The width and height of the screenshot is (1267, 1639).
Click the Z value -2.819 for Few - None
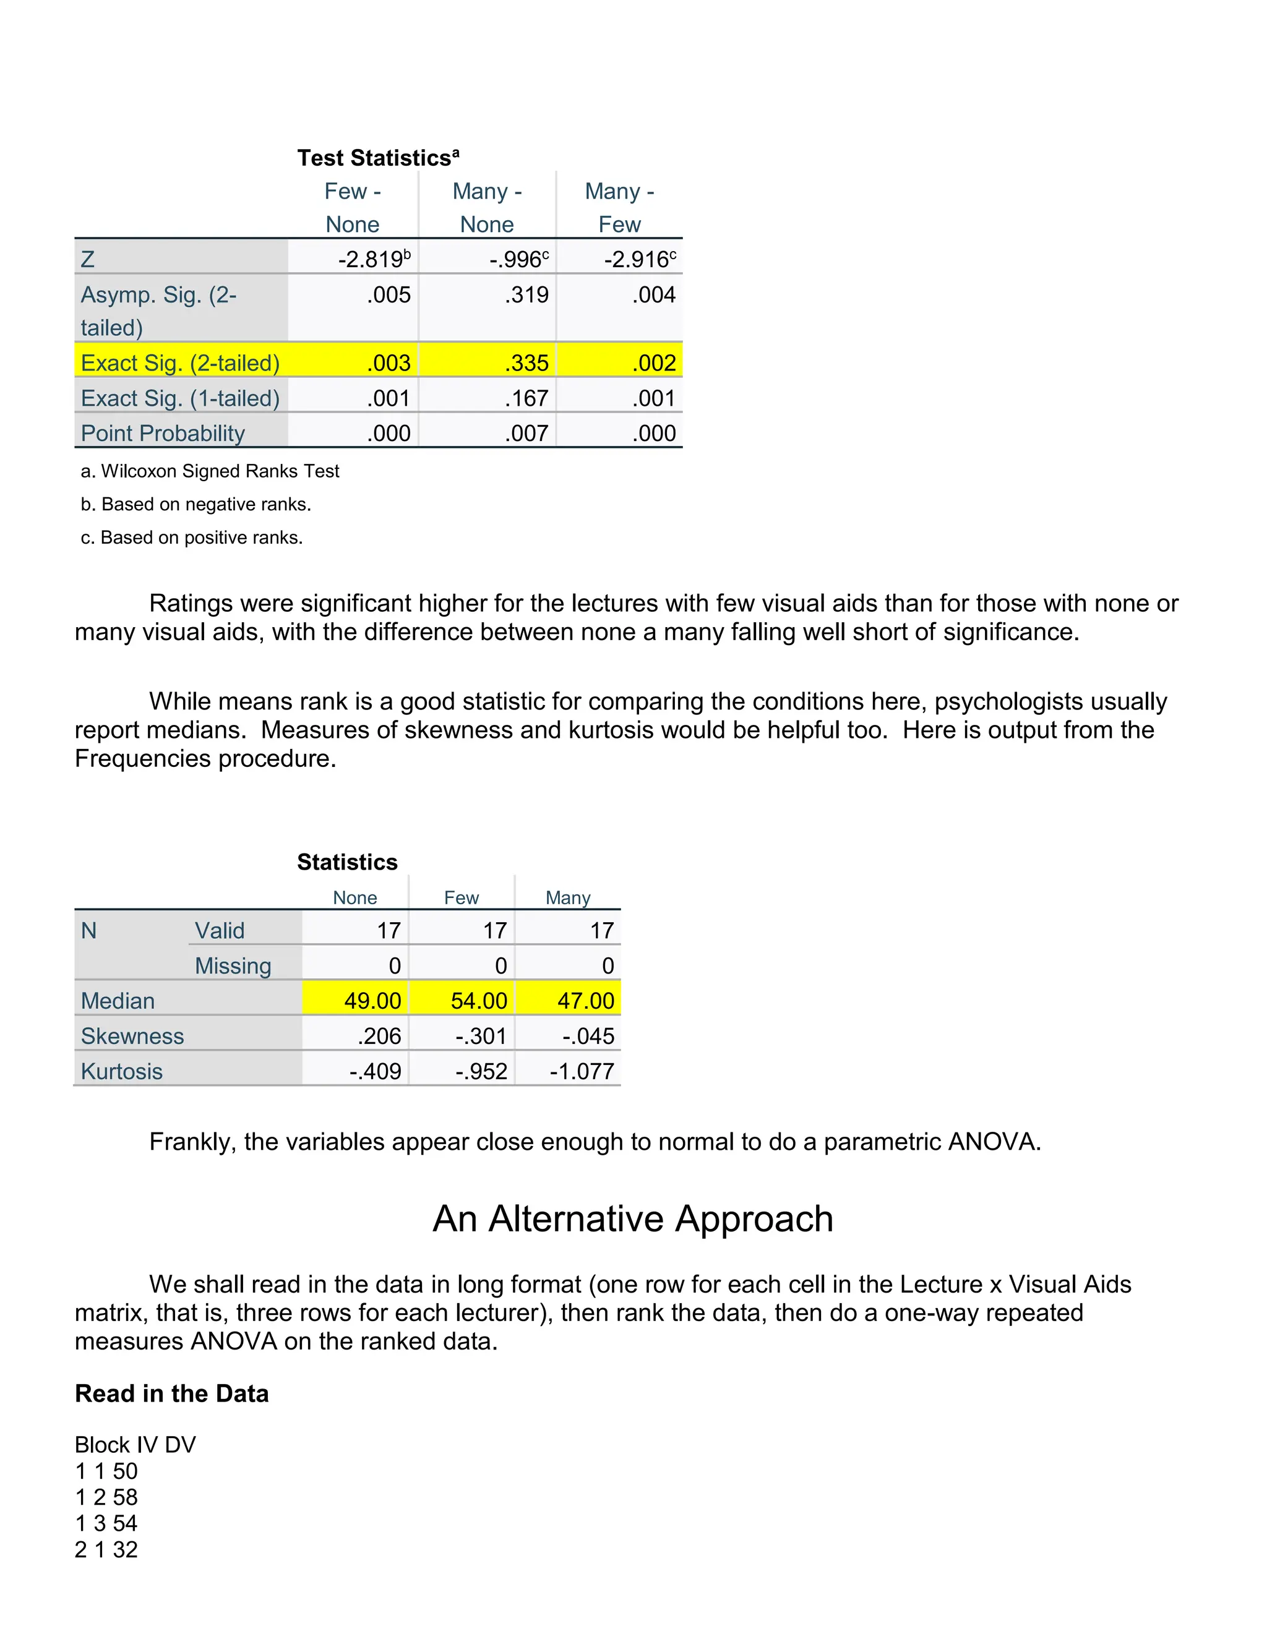click(373, 260)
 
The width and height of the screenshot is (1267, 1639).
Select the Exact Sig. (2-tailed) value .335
click(526, 363)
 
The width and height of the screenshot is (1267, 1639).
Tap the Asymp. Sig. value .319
click(526, 295)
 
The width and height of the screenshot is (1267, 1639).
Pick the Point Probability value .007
click(526, 433)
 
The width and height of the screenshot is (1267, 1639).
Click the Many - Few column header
click(619, 207)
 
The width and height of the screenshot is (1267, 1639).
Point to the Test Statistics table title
click(377, 158)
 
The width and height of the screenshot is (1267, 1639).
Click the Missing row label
click(233, 966)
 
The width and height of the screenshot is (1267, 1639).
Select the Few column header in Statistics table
click(461, 897)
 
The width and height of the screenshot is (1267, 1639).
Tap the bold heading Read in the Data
click(172, 1393)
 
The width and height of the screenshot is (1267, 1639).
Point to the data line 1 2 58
click(106, 1497)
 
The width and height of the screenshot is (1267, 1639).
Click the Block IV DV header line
click(135, 1445)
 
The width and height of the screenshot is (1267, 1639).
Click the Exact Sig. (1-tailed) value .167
click(526, 398)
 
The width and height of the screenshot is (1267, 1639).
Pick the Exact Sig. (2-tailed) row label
click(180, 363)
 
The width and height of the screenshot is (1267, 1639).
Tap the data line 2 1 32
click(106, 1550)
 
